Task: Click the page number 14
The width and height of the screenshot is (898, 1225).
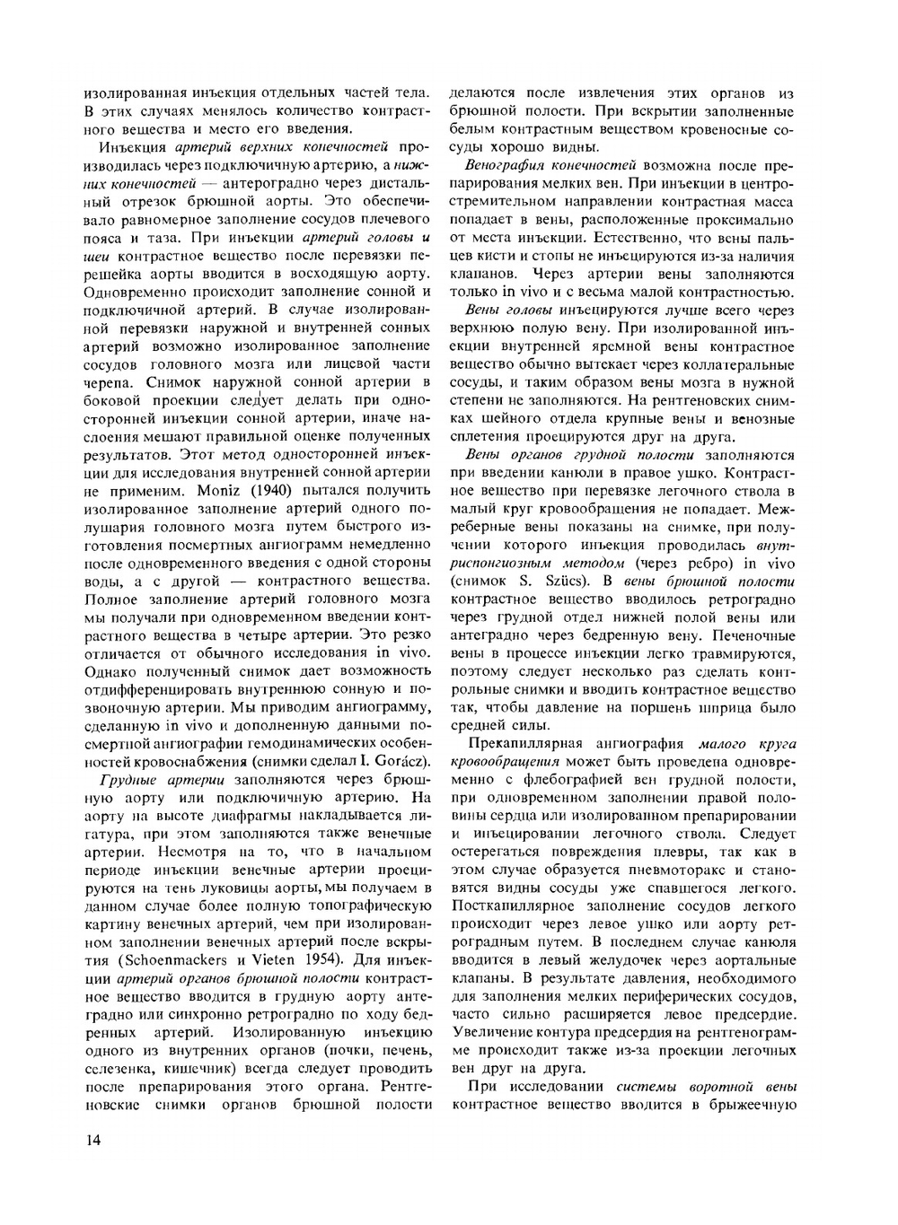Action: pos(90,1142)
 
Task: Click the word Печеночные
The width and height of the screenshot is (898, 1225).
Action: pos(750,635)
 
